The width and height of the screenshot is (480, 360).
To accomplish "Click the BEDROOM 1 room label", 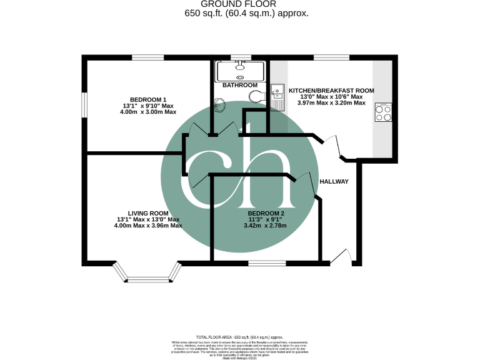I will [147, 100].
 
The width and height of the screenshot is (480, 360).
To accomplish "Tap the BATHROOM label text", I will [240, 85].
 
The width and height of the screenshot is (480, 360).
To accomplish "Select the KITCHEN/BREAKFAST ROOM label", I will [331, 91].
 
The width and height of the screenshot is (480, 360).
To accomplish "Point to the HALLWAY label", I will [333, 182].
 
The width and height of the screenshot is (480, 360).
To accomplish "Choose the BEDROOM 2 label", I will [266, 213].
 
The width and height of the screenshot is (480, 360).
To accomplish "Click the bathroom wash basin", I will [219, 104].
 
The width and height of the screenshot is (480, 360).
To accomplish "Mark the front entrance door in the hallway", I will [341, 256].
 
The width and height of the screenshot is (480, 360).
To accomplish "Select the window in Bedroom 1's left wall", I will [85, 104].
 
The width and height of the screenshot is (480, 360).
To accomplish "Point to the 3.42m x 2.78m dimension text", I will [266, 226].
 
